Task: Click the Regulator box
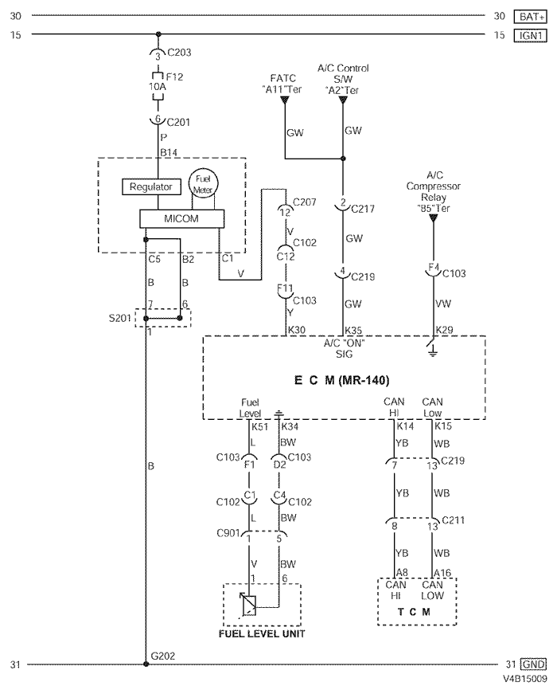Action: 151,186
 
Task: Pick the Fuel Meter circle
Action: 201,184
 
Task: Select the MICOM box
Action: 181,218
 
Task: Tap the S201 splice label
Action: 122,318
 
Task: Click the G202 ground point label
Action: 162,656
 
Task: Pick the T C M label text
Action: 415,612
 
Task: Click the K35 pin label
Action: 353,329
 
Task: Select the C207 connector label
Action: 305,202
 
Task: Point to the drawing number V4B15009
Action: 524,680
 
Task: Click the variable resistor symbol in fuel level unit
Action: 249,607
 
